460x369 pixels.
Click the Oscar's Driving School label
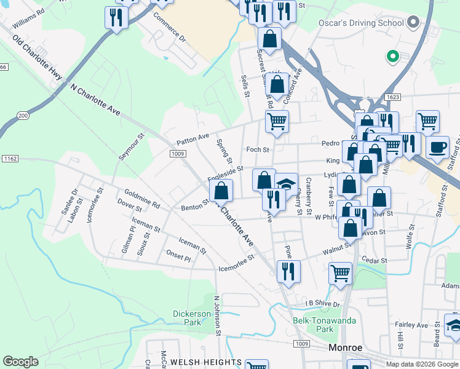(360, 23)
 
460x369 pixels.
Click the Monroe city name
(346, 347)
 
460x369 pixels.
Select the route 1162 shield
(9, 159)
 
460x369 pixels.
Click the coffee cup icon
(437, 148)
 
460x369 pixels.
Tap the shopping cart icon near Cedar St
(340, 272)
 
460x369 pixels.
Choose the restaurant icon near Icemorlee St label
(288, 270)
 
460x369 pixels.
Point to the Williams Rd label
(28, 18)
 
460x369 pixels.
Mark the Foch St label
(258, 149)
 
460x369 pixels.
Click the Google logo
(20, 362)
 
